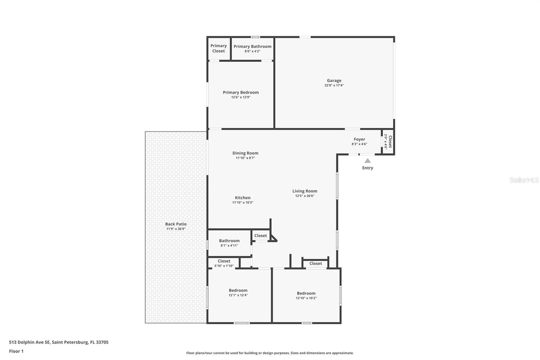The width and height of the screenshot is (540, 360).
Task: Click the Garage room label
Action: pyautogui.click(x=334, y=81)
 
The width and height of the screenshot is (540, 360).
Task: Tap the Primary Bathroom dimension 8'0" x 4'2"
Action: pyautogui.click(x=252, y=51)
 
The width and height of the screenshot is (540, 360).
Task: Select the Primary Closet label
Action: pyautogui.click(x=218, y=48)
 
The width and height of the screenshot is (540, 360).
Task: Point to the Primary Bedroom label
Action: pyautogui.click(x=241, y=93)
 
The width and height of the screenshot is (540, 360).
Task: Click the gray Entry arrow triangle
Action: pyautogui.click(x=368, y=161)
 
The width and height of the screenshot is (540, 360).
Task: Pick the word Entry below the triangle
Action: pyautogui.click(x=368, y=168)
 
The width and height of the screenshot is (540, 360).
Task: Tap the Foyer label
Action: pyautogui.click(x=359, y=139)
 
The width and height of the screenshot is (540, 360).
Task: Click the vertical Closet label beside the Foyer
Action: pyautogui.click(x=390, y=142)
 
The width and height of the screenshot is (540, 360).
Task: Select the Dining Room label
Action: pyautogui.click(x=245, y=153)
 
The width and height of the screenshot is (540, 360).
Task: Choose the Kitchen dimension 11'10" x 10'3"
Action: pyautogui.click(x=243, y=203)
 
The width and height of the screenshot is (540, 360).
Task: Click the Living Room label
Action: pyautogui.click(x=305, y=191)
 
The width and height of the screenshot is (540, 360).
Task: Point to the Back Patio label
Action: pyautogui.click(x=176, y=224)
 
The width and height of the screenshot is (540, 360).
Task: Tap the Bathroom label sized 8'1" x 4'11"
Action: pyautogui.click(x=229, y=241)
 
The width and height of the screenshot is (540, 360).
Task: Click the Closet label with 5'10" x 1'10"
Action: pyautogui.click(x=224, y=261)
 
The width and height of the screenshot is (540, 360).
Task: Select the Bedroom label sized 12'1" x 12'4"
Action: pyautogui.click(x=238, y=290)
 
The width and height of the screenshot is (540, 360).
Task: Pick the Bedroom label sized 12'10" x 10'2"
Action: pyautogui.click(x=306, y=293)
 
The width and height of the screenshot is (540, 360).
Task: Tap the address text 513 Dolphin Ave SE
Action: pyautogui.click(x=30, y=342)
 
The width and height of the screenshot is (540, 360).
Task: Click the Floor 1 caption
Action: pyautogui.click(x=16, y=351)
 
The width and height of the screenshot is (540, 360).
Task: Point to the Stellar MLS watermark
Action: pyautogui.click(x=524, y=180)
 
